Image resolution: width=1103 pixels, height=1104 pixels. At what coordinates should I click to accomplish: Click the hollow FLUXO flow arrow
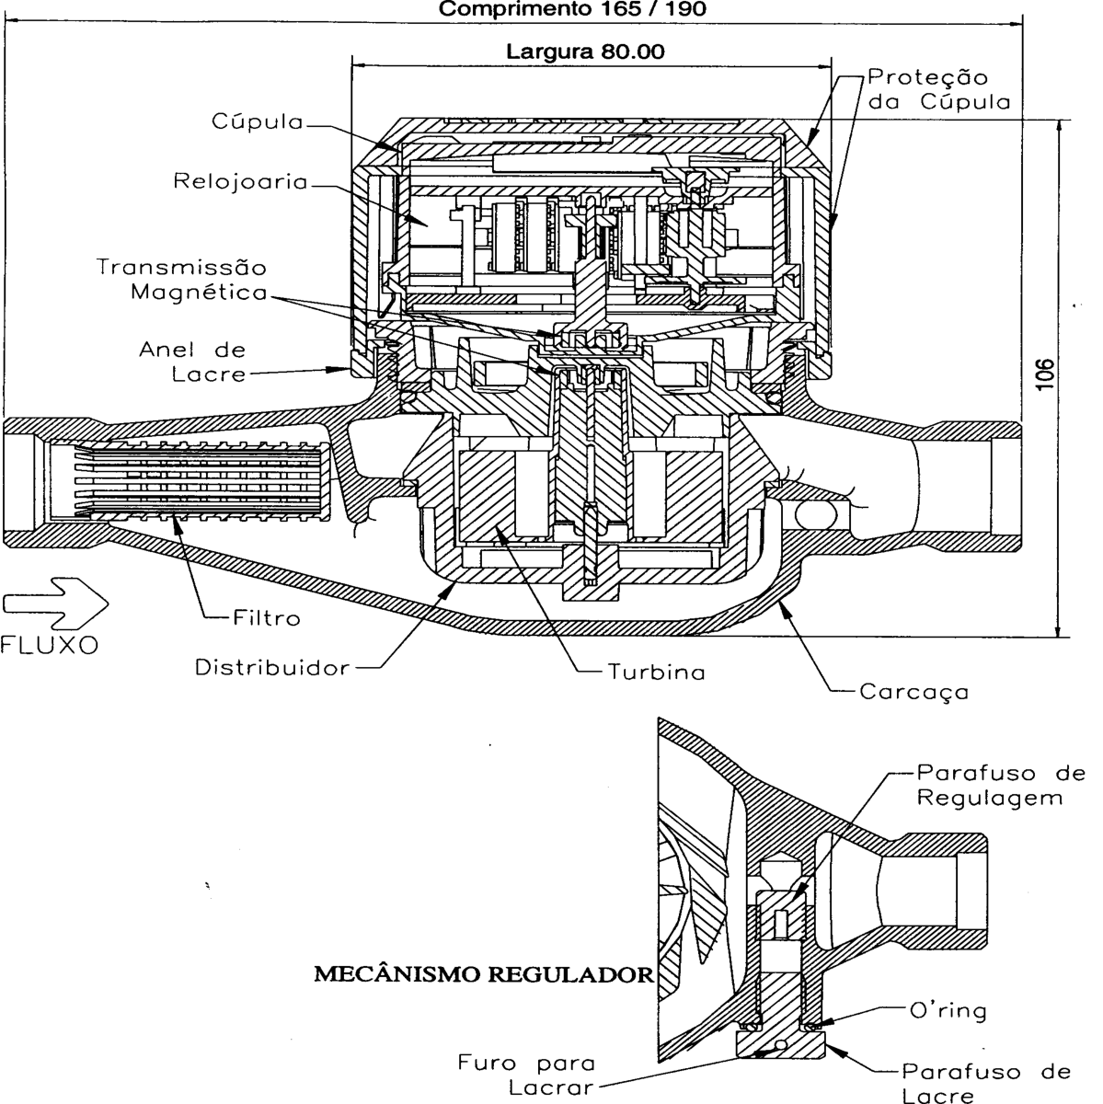pyautogui.click(x=55, y=604)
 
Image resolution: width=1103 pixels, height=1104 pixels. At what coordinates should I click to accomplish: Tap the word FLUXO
pyautogui.click(x=50, y=646)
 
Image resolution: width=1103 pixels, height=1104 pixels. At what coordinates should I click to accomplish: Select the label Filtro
pyautogui.click(x=267, y=618)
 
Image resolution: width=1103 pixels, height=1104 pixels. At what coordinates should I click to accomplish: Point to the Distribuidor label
pyautogui.click(x=272, y=667)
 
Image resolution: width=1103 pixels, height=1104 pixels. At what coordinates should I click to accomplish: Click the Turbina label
pyautogui.click(x=656, y=672)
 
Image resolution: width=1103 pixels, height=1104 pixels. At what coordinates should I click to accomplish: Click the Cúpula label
pyautogui.click(x=258, y=121)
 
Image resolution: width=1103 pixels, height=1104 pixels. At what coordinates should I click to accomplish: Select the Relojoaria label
pyautogui.click(x=241, y=181)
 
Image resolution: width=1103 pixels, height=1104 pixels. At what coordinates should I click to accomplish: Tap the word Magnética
pyautogui.click(x=199, y=293)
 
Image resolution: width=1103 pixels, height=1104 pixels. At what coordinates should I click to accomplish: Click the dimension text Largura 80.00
pyautogui.click(x=585, y=52)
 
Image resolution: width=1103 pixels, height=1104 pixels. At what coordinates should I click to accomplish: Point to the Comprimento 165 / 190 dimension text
pyautogui.click(x=572, y=8)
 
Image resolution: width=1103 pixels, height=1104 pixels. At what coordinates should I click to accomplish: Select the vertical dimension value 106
pyautogui.click(x=1046, y=374)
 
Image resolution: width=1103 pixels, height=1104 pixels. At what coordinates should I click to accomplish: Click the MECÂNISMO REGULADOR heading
pyautogui.click(x=484, y=974)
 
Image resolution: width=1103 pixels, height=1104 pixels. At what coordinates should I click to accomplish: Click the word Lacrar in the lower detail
pyautogui.click(x=551, y=1087)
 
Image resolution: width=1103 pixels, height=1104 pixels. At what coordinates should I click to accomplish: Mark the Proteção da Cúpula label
pyautogui.click(x=939, y=89)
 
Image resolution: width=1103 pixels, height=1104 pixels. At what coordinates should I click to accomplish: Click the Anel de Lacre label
pyautogui.click(x=193, y=362)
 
